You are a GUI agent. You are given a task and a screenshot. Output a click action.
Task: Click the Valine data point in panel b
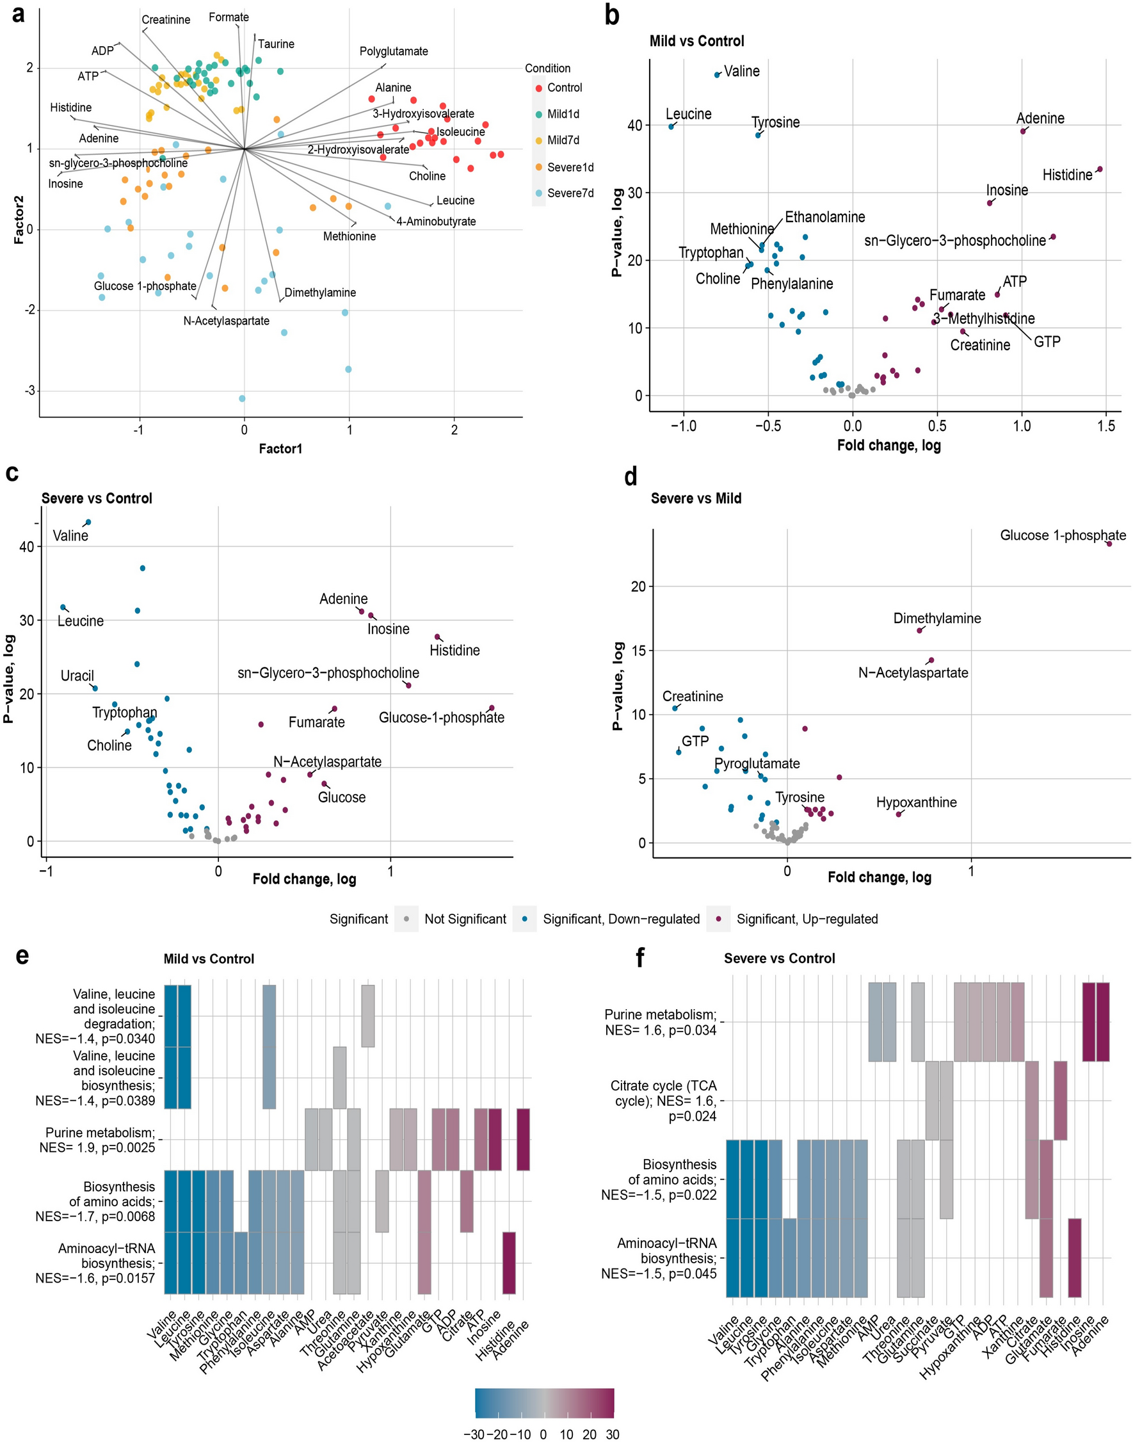coord(717,75)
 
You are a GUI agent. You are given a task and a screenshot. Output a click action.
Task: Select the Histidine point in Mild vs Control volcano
coord(1100,169)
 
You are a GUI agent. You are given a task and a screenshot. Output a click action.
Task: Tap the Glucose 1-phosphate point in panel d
coord(1109,544)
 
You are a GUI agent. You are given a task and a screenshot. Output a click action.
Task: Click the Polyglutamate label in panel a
coord(394,51)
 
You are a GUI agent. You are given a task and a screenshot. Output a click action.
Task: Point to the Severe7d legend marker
coord(538,193)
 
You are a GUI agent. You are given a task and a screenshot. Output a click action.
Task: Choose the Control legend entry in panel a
coord(564,88)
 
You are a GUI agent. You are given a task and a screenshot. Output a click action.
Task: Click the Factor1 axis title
coord(280,449)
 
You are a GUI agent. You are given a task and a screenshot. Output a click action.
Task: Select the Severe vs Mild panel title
coord(696,498)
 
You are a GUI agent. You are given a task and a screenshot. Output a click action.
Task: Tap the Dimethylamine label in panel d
coord(936,618)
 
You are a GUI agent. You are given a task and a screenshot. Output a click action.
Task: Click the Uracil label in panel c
coord(77,676)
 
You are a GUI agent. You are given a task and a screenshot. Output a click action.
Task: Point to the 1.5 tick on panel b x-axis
coord(1106,426)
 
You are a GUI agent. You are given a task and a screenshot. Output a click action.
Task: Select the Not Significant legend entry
coord(465,918)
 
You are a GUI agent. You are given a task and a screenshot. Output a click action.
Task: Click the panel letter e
coord(22,956)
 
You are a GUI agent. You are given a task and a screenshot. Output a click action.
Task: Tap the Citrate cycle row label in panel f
coord(663,1100)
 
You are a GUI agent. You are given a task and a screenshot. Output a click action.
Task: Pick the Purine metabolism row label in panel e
coord(97,1139)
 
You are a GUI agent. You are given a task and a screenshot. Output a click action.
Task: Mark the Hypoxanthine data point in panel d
coord(899,814)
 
